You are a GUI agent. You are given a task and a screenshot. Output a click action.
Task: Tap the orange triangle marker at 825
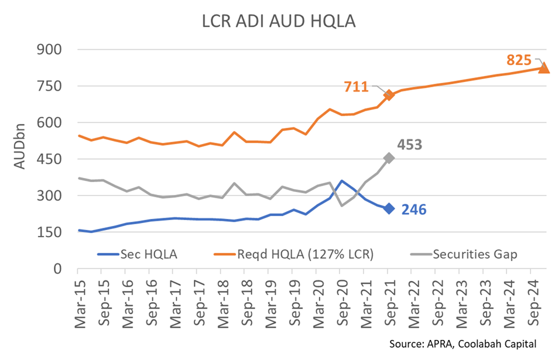point(544,67)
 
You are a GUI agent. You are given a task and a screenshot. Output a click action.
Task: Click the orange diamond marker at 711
point(388,95)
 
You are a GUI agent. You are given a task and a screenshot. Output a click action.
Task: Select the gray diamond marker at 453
point(388,158)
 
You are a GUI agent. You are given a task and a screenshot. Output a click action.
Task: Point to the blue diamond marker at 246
point(388,208)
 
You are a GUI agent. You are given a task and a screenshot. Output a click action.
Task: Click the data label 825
point(519,60)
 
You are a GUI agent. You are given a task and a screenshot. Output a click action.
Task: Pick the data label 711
point(356,87)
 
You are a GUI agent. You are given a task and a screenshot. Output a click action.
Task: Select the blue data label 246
point(413,209)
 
